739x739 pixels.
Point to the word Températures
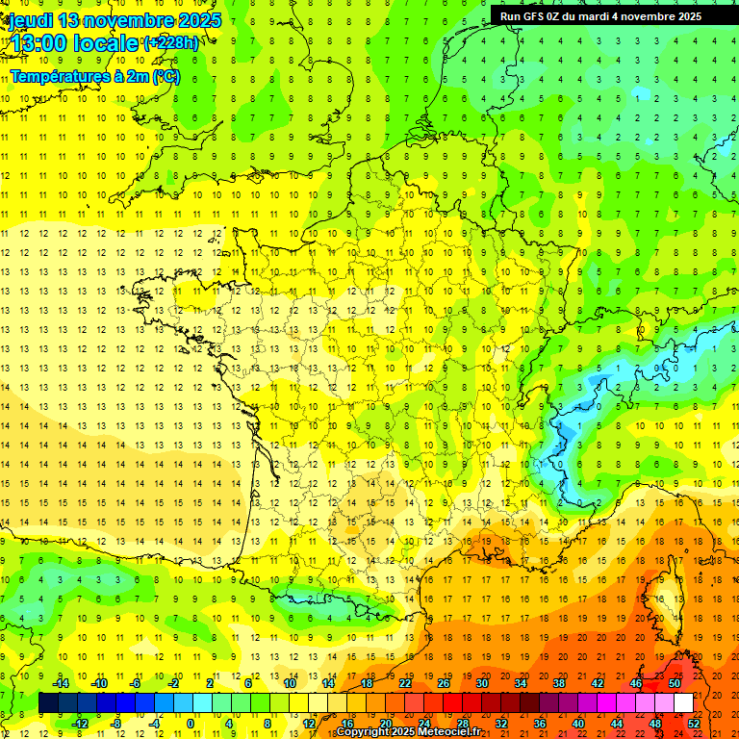tap(60, 76)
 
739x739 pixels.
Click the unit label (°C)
tap(166, 76)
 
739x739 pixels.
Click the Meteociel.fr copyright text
tap(408, 732)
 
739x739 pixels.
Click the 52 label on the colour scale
tap(694, 724)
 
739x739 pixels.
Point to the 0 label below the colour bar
tap(190, 724)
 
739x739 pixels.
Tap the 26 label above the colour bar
tap(444, 682)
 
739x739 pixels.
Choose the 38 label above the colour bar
tap(559, 682)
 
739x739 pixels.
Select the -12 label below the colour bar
tap(81, 724)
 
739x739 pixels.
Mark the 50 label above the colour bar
tap(675, 682)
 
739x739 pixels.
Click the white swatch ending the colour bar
tap(683, 702)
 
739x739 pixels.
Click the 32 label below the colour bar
tap(501, 724)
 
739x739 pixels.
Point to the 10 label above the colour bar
tap(290, 682)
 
